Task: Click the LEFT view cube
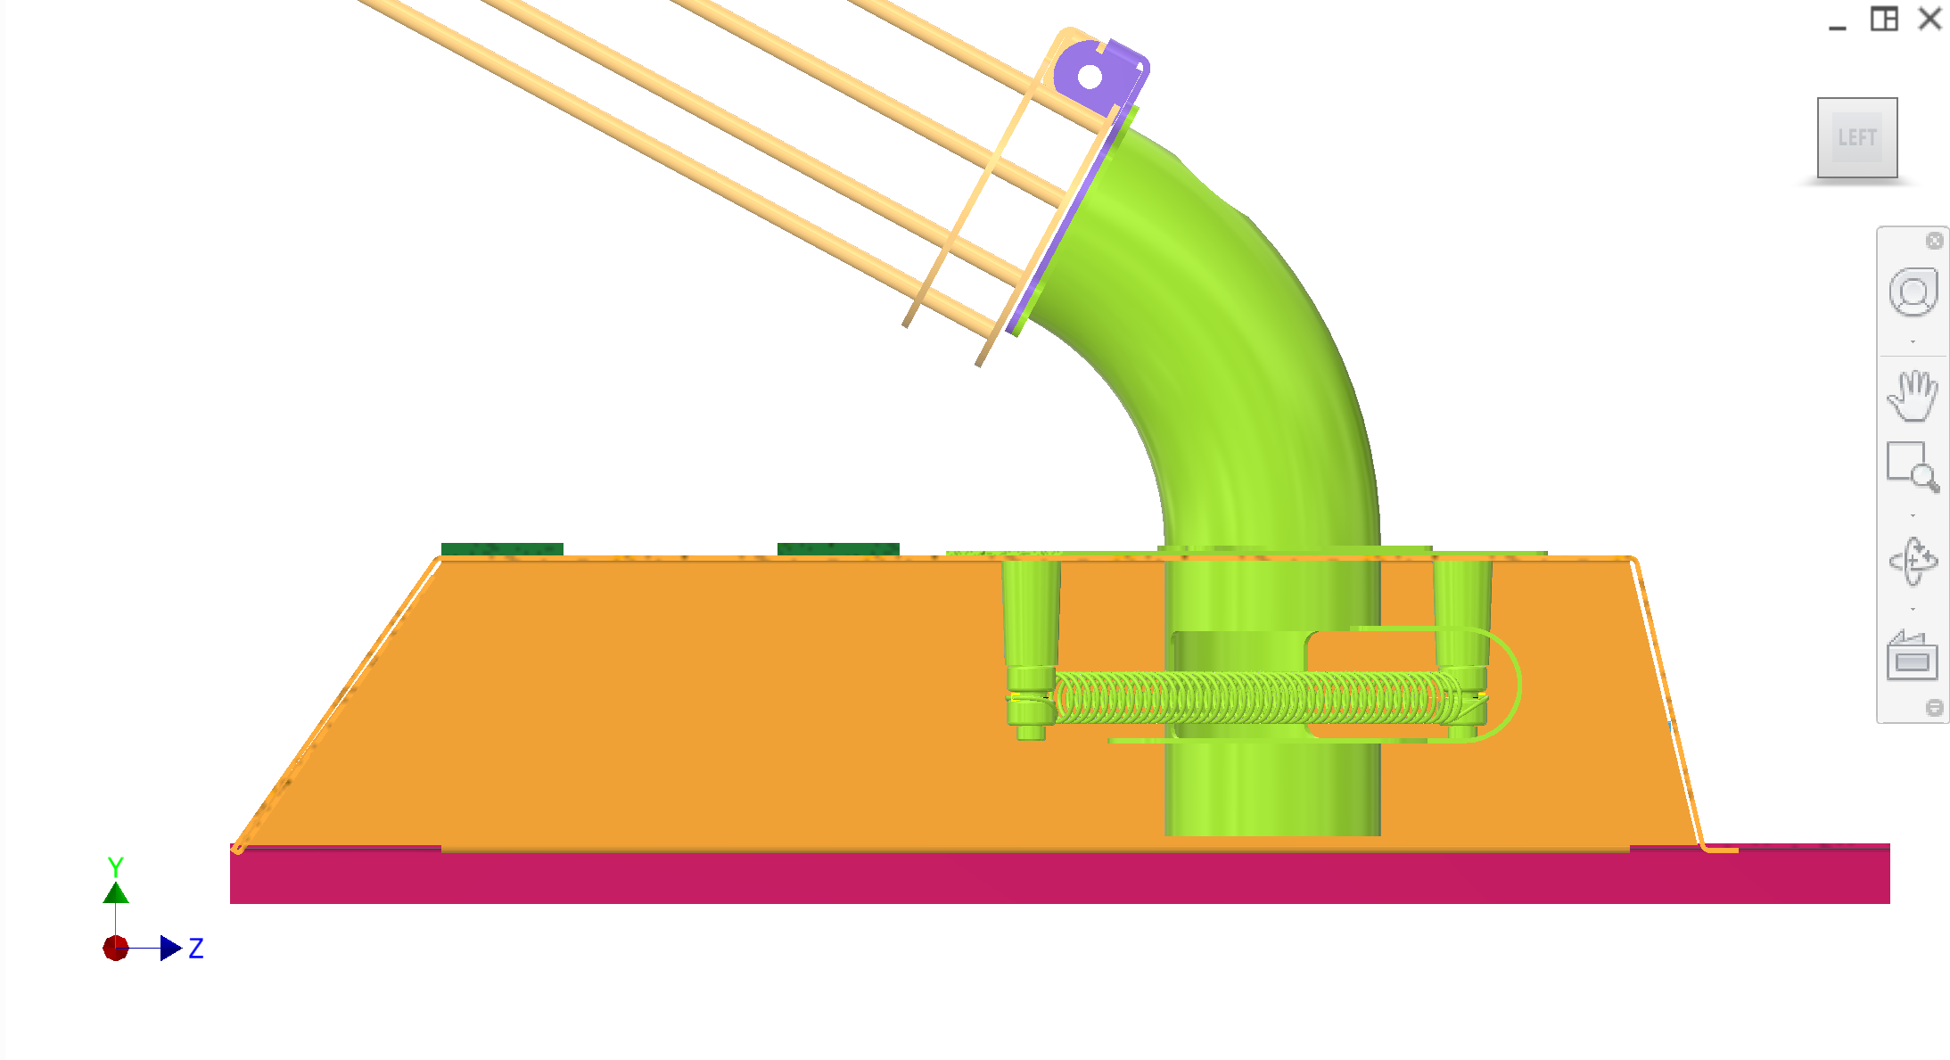click(1856, 137)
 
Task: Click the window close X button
click(1929, 19)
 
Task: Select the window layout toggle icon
click(1883, 19)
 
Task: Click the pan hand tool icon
click(1912, 395)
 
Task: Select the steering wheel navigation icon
click(1913, 292)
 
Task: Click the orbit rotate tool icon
click(1913, 561)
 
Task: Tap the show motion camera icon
click(1912, 656)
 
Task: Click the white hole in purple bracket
click(1090, 78)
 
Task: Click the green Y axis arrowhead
click(116, 892)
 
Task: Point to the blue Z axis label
click(196, 948)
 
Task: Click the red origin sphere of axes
click(116, 948)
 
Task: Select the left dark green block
click(502, 548)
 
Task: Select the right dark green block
click(838, 548)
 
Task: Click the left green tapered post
click(1031, 624)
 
